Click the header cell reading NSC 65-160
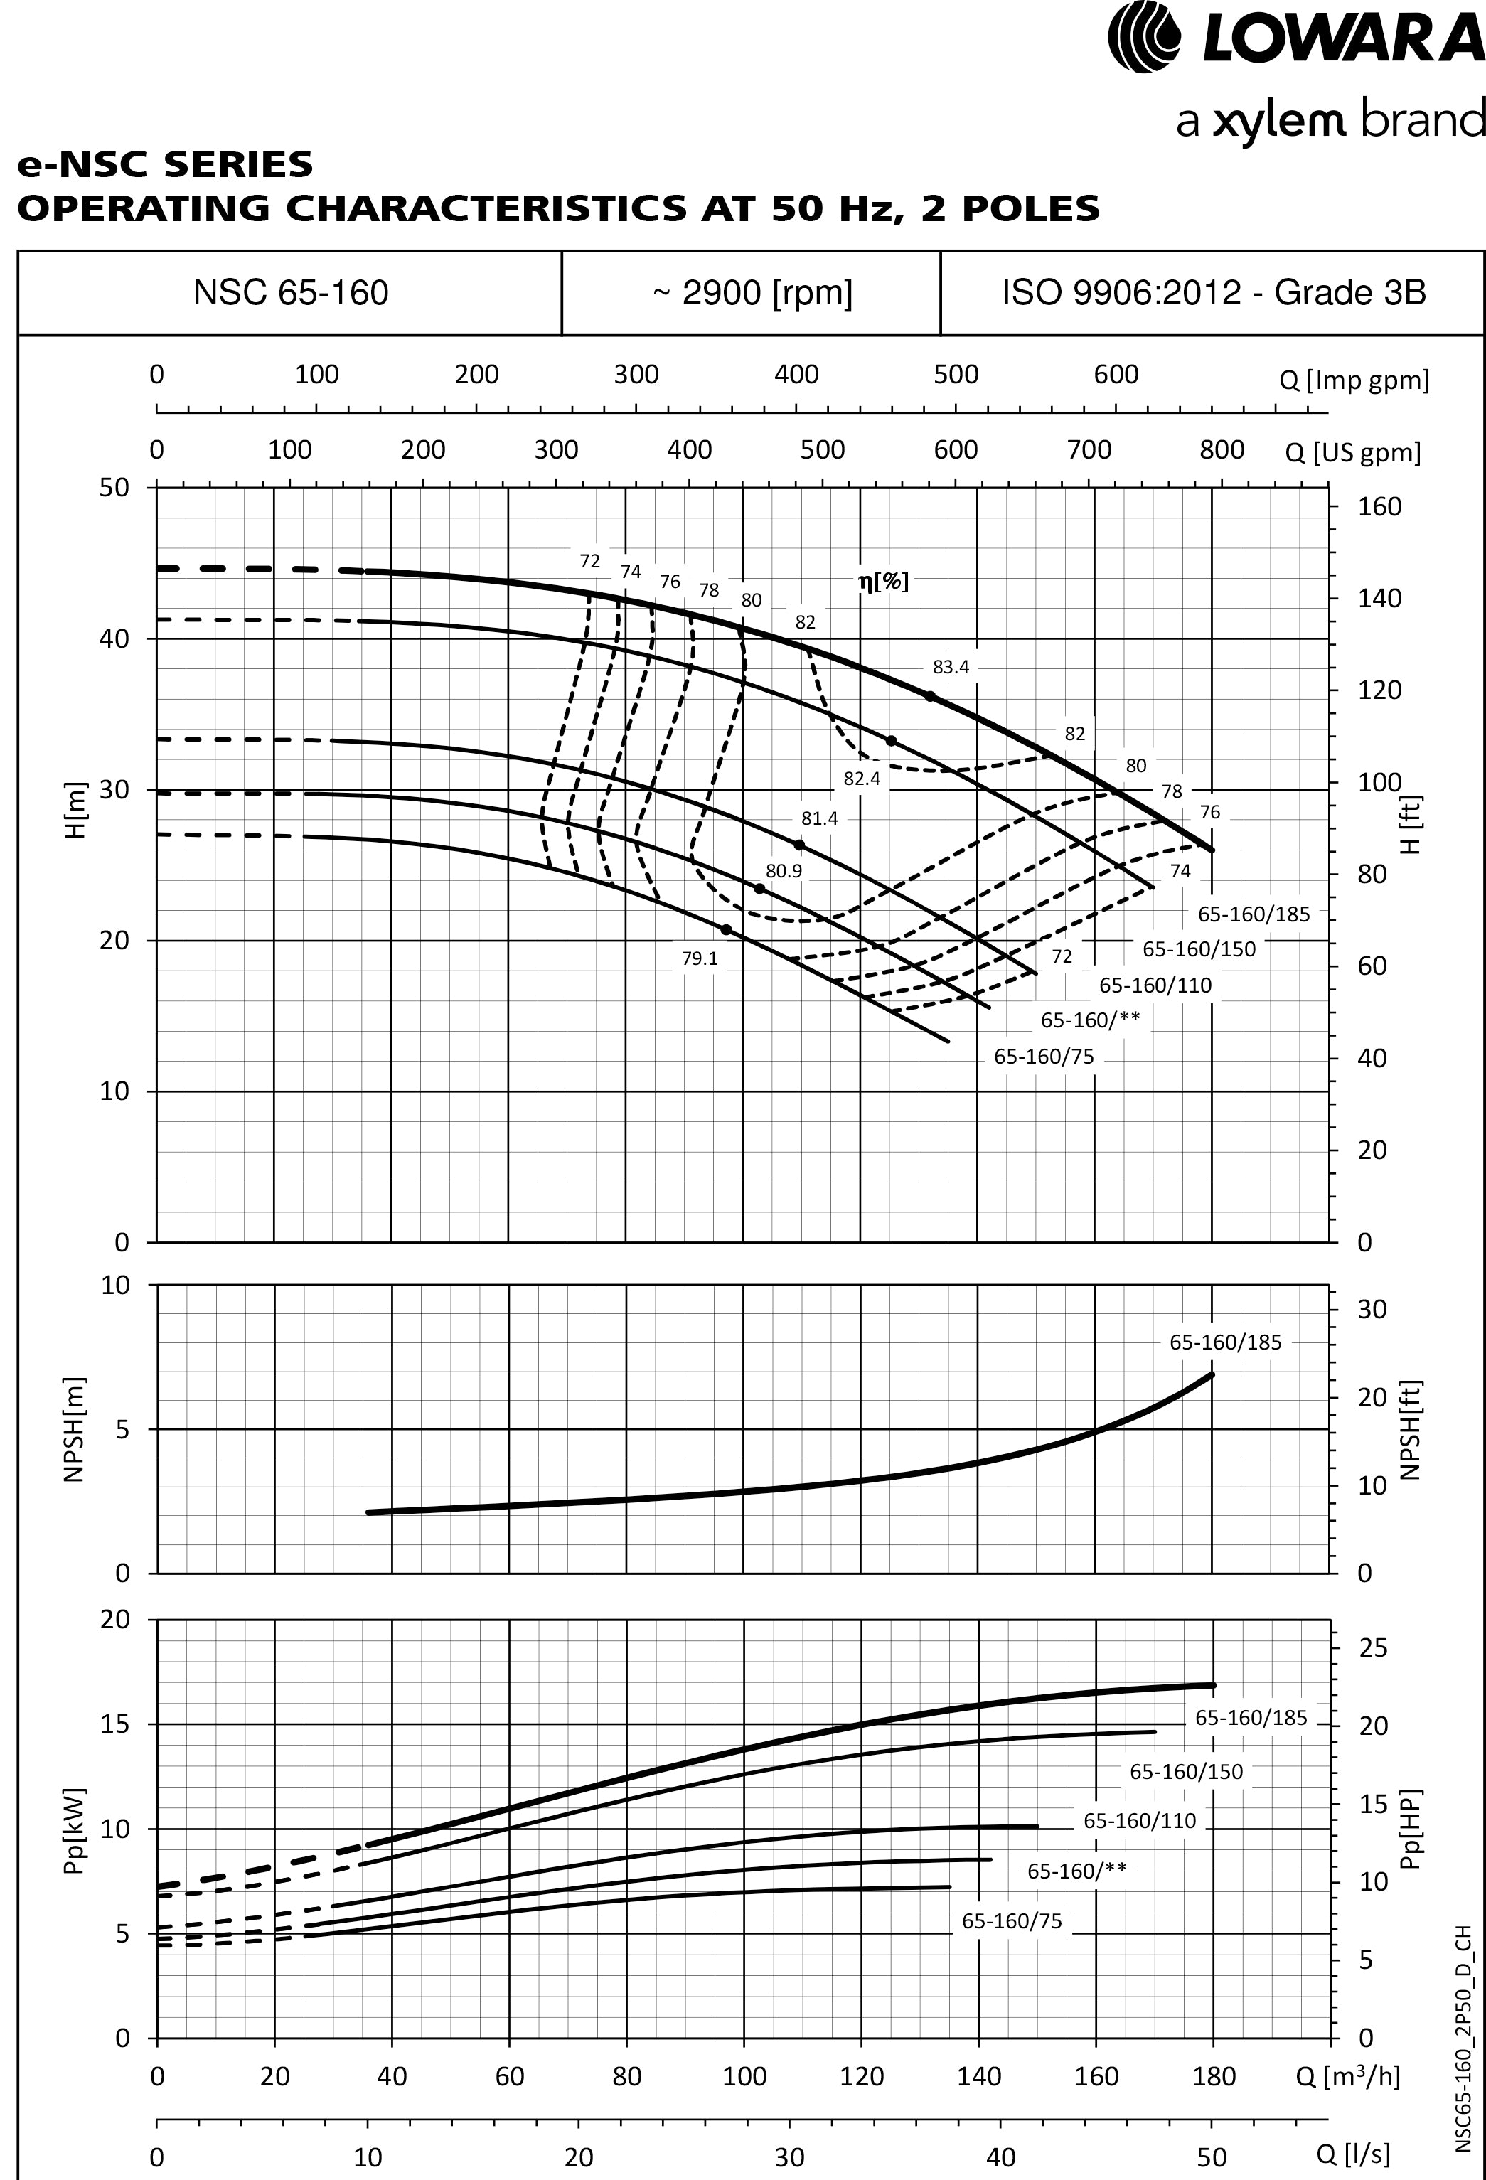pos(291,293)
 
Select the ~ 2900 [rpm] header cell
pos(752,293)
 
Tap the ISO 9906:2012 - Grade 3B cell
pos(1213,293)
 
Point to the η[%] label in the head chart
pos(883,582)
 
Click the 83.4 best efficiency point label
pos(951,667)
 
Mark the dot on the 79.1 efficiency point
pos(726,929)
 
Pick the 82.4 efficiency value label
pos(861,779)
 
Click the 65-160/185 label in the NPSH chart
pos(1224,1342)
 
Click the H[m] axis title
pos(76,811)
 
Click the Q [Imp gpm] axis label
pos(1354,380)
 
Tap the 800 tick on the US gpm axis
pos(1222,450)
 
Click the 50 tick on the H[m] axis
pos(114,488)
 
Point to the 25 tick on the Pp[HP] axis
pos(1372,1648)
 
